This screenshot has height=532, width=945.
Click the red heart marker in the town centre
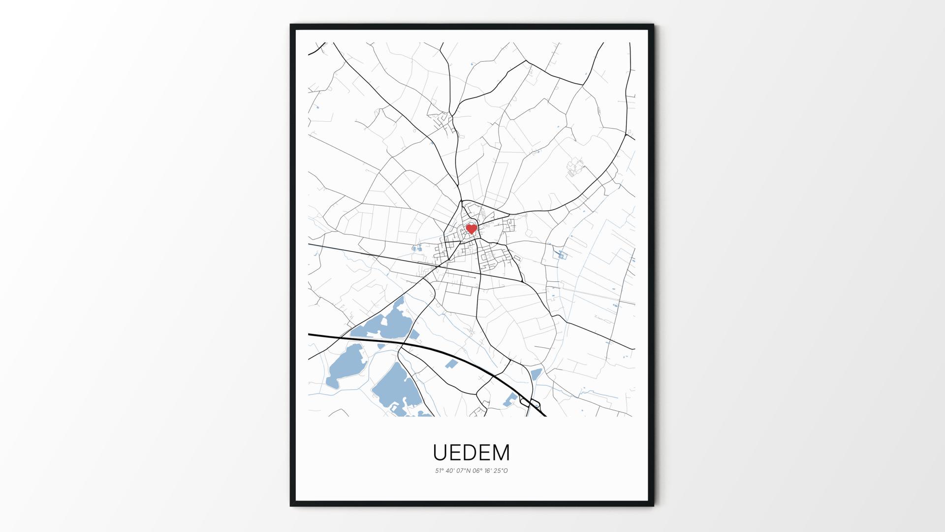(x=472, y=229)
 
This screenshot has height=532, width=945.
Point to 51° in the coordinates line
(x=439, y=471)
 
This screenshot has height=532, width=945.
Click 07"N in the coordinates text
(x=464, y=471)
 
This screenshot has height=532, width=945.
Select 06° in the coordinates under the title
(x=476, y=471)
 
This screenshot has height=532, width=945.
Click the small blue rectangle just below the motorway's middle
(x=450, y=365)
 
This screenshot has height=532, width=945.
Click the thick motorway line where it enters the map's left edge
(x=310, y=334)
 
